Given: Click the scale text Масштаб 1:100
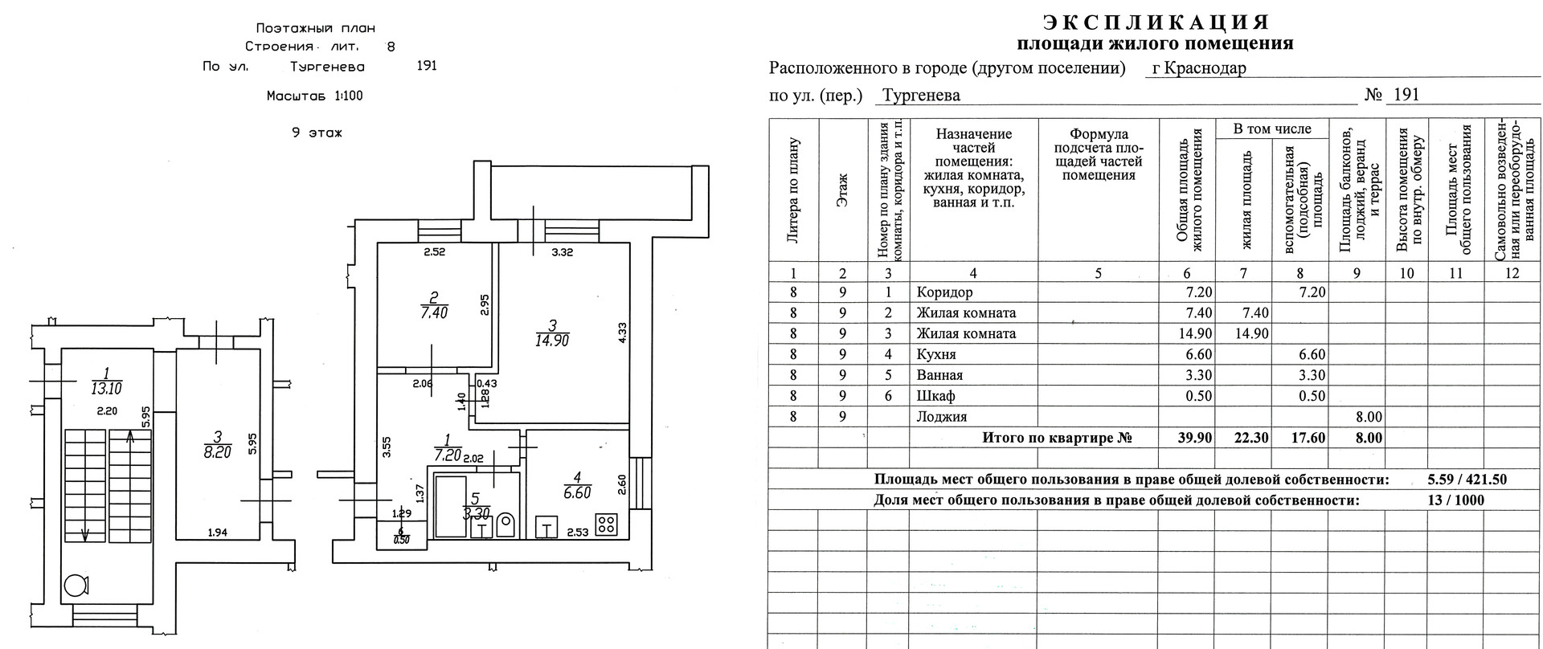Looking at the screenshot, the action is click(x=314, y=96).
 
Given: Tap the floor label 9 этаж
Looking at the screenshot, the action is click(x=317, y=133).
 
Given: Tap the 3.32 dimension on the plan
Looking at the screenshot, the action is click(x=563, y=252).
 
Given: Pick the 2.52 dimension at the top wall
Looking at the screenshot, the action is click(x=435, y=252).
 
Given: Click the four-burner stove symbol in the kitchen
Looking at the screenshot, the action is click(x=607, y=525).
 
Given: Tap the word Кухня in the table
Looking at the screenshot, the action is click(x=936, y=354).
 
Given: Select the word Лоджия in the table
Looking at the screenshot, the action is click(x=942, y=417).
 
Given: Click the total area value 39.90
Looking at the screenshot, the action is click(x=1187, y=438).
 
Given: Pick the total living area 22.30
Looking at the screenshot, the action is click(x=1243, y=438).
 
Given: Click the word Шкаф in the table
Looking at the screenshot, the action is click(x=935, y=396).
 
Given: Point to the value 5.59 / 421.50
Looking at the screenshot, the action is click(x=1467, y=480).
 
